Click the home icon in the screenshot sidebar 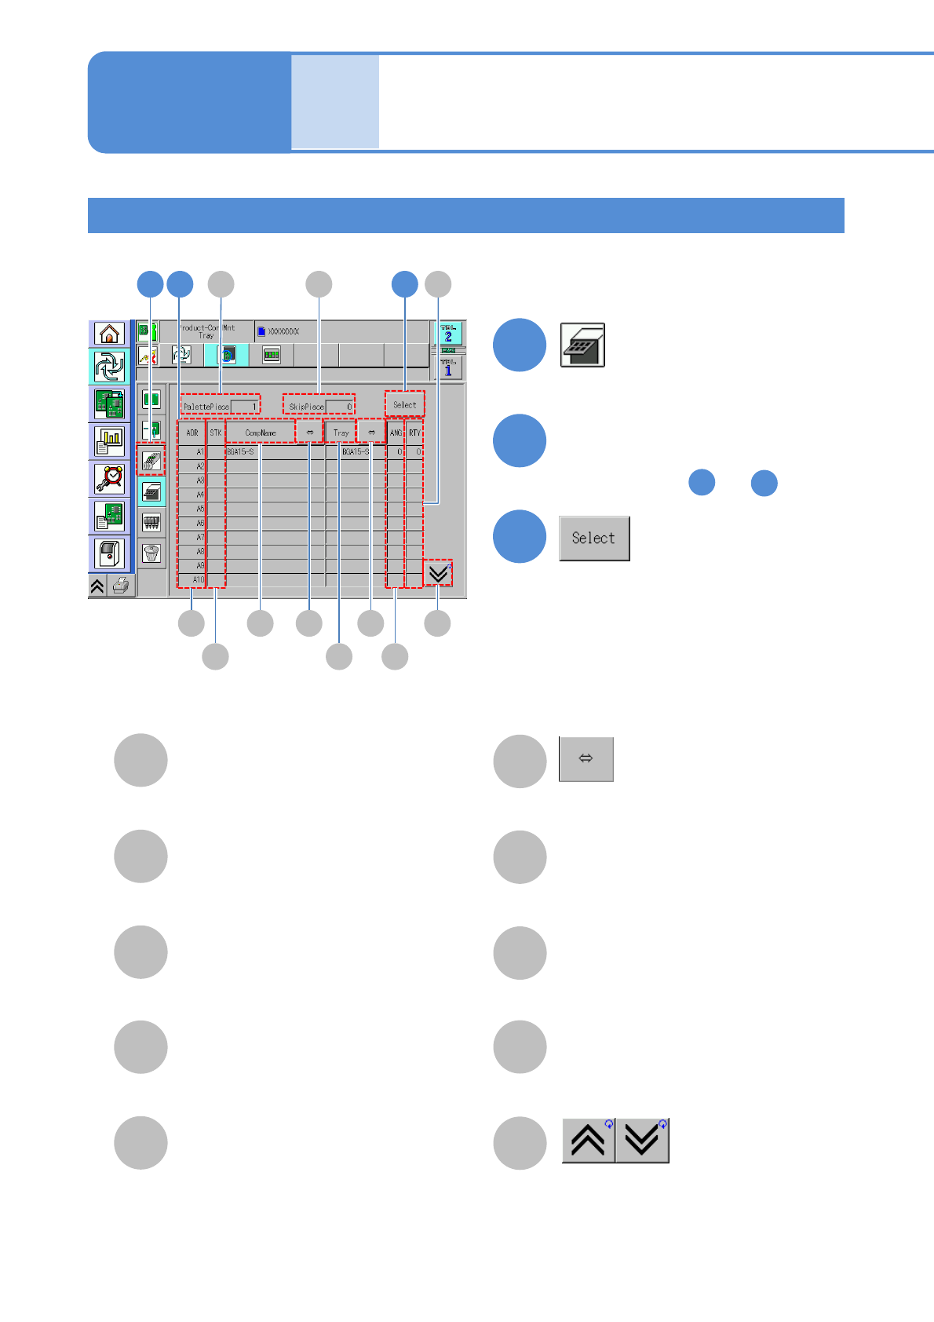[110, 334]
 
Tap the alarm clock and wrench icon [110, 478]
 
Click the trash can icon [151, 553]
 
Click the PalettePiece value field [245, 407]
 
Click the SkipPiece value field [340, 407]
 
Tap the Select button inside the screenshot [405, 405]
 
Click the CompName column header [261, 433]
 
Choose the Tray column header [341, 433]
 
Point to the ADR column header [192, 433]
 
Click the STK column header [216, 433]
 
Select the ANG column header [396, 433]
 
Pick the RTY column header [414, 433]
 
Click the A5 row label [199, 509]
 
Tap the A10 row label [198, 580]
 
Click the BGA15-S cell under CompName [240, 452]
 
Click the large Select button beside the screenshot [594, 539]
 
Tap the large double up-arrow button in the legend [589, 1141]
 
